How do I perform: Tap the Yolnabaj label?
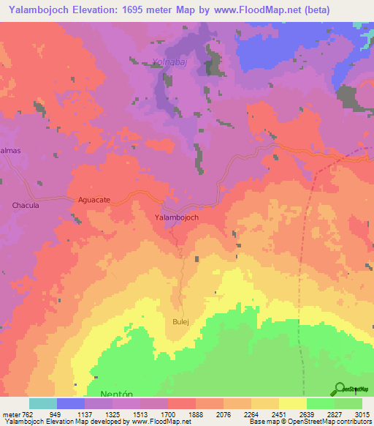click(x=169, y=63)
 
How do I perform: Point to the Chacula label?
click(x=26, y=206)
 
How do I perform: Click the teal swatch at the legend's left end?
click(x=43, y=403)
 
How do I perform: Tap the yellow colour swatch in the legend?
click(x=292, y=403)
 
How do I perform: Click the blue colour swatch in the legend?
click(x=71, y=403)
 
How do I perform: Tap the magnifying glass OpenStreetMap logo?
click(x=339, y=389)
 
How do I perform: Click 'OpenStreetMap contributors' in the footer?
click(x=328, y=422)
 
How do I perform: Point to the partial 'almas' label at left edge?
click(x=9, y=150)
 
